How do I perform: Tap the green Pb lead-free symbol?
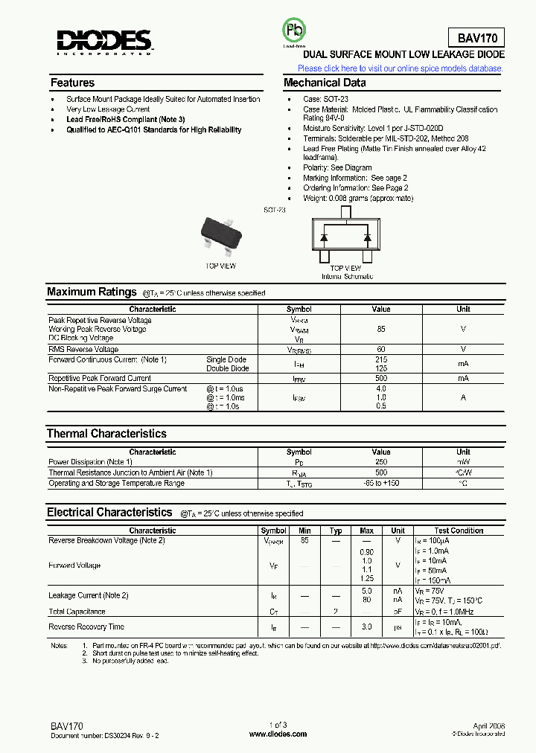(x=293, y=31)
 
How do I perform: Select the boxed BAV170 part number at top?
(x=476, y=38)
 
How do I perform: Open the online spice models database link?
(x=400, y=68)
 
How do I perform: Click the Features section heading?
(x=72, y=83)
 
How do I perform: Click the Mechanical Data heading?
(x=325, y=83)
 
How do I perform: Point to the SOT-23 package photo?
(x=220, y=234)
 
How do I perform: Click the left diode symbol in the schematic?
(x=325, y=237)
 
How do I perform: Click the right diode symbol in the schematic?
(x=367, y=237)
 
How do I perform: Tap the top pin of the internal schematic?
(x=345, y=212)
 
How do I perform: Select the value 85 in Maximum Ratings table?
(x=381, y=329)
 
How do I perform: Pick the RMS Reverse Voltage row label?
(x=83, y=349)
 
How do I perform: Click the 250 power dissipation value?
(x=381, y=462)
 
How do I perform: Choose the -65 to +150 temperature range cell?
(x=381, y=483)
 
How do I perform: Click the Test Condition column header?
(x=459, y=531)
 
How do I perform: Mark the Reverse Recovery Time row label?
(x=86, y=627)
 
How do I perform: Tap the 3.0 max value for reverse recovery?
(x=366, y=627)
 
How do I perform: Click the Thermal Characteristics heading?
(x=106, y=433)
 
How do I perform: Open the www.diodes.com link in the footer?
(x=277, y=734)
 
